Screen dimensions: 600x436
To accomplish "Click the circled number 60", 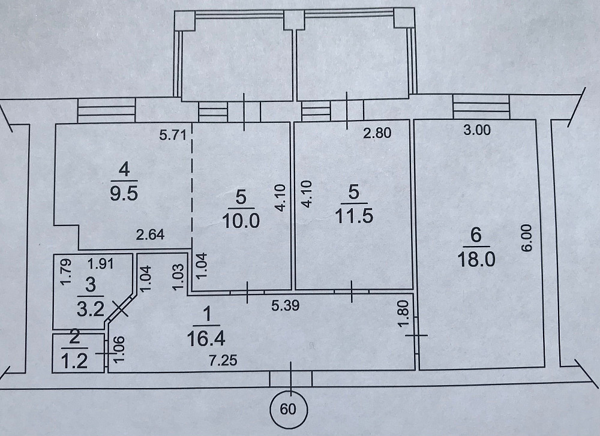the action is tap(288, 409).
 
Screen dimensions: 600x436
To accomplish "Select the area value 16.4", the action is tap(206, 339).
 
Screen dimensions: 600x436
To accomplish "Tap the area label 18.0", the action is tap(476, 259).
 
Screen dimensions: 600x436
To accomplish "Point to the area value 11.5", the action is tap(354, 216).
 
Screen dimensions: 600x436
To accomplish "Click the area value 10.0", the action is tap(241, 221).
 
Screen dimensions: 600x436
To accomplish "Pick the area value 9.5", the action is tap(124, 193).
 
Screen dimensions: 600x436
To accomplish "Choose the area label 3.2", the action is tap(91, 309).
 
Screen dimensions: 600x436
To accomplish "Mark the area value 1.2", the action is tap(74, 361).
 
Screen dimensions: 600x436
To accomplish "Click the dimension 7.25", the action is tap(223, 360).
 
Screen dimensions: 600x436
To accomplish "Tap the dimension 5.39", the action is tap(285, 306).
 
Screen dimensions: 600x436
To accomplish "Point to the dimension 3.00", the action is tap(477, 130).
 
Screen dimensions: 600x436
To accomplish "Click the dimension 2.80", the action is tap(377, 133).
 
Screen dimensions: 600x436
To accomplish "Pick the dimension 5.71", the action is tap(173, 135).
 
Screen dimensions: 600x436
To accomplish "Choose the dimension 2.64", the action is tap(151, 234).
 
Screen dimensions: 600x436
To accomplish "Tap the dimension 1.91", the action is tap(100, 263).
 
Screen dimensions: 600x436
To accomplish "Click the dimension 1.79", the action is tap(66, 272).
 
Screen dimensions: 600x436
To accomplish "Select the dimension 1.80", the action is tap(406, 313).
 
